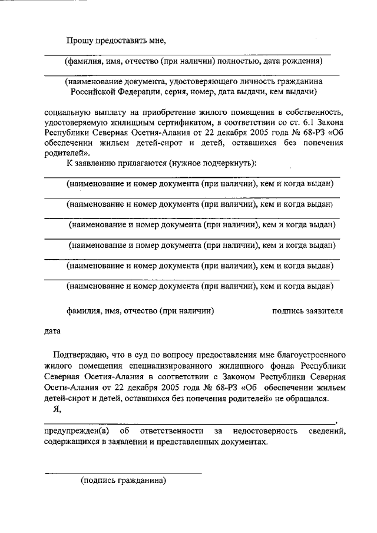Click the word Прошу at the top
(x=78, y=40)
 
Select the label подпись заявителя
(x=307, y=310)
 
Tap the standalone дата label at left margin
(x=53, y=331)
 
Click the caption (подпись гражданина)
(x=124, y=480)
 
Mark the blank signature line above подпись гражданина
(x=124, y=472)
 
